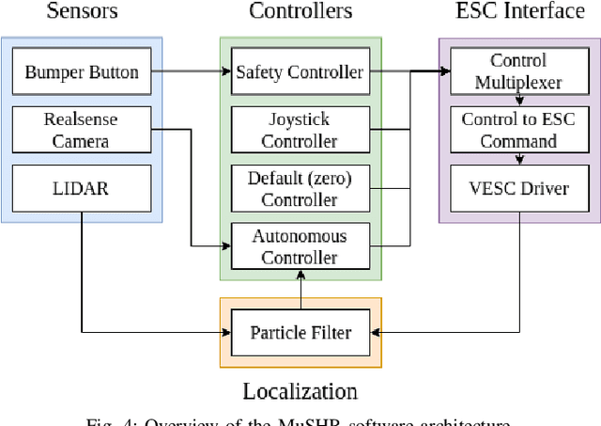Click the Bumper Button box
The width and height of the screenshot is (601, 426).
coord(82,71)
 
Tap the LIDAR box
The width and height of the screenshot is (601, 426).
coord(82,188)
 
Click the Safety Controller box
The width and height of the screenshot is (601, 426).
coord(300,71)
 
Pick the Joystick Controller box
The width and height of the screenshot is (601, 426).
coord(300,130)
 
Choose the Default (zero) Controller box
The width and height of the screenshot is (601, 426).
coord(300,188)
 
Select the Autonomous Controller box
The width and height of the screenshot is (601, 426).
coord(300,246)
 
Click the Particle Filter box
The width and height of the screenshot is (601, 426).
coord(300,332)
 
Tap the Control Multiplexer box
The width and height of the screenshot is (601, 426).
coord(517,71)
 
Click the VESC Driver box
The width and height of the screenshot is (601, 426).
coord(517,188)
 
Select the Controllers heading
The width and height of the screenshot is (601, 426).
coord(300,11)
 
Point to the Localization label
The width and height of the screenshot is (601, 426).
coord(300,391)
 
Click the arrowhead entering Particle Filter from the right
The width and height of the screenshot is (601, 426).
coord(376,332)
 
